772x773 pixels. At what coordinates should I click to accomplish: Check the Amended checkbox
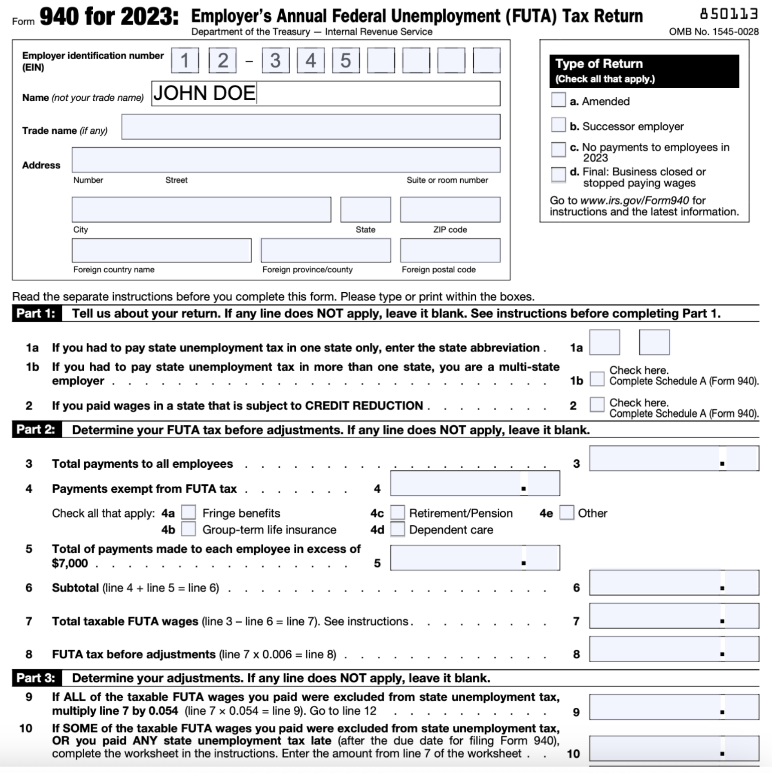(x=558, y=100)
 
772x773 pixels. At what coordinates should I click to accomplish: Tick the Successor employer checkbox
(x=558, y=124)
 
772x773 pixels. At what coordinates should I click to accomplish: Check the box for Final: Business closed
(x=558, y=174)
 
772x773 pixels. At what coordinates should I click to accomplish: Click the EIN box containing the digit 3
(x=275, y=61)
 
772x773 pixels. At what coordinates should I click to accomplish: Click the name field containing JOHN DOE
(x=326, y=94)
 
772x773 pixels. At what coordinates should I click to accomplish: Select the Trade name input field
(x=310, y=127)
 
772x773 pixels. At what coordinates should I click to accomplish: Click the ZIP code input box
(x=450, y=210)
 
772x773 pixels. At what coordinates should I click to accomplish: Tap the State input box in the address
(x=365, y=210)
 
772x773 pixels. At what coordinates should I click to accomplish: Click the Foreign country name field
(x=161, y=251)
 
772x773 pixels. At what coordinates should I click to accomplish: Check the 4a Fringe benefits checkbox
(x=188, y=512)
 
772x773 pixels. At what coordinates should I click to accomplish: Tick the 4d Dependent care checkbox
(x=398, y=529)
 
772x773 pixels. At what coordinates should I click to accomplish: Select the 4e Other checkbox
(x=566, y=512)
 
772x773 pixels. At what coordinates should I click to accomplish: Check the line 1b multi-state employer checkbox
(x=597, y=379)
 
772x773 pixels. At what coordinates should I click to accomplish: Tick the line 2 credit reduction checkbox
(x=597, y=404)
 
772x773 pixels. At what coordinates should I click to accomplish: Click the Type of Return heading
(x=599, y=64)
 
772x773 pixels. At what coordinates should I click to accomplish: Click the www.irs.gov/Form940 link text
(x=634, y=201)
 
